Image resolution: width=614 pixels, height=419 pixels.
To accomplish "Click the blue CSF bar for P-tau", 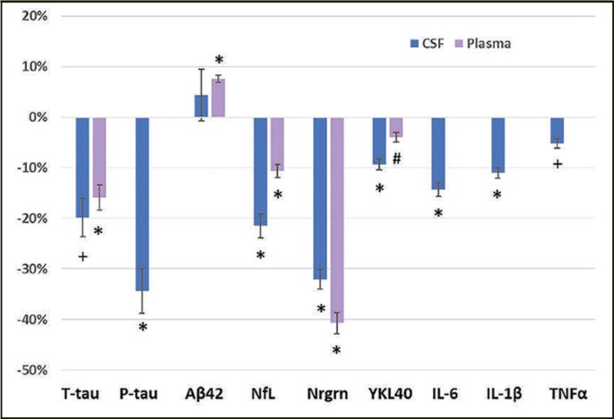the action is tap(143, 204).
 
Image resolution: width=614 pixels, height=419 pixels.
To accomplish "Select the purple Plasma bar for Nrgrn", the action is tap(337, 220).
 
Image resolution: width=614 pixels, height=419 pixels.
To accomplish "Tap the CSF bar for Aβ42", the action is tap(202, 106).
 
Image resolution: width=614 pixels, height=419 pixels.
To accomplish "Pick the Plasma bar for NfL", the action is tap(277, 144).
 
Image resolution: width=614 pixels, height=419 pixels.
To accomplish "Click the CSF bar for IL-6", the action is tap(438, 153).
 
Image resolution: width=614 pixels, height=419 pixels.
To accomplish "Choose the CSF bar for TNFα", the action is tap(558, 131).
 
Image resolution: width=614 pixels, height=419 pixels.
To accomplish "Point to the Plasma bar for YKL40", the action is tap(396, 127).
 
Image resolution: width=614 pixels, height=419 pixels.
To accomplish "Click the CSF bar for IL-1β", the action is tap(497, 145).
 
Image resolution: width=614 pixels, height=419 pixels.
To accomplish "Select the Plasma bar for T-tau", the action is tap(99, 158).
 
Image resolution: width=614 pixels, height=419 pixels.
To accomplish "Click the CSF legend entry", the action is tap(427, 43).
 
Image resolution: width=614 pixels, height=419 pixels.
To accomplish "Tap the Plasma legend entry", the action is tap(482, 43).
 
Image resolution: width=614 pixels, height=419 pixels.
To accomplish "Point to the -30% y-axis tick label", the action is tap(32, 269).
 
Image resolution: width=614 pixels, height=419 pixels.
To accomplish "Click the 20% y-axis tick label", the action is tap(34, 16).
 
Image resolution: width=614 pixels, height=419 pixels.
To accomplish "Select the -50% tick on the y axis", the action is tap(32, 370).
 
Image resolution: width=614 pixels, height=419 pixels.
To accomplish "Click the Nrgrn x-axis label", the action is tap(327, 394).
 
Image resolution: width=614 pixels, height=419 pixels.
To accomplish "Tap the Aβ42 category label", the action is tap(204, 394).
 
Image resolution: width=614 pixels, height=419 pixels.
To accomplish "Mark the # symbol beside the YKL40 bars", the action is tap(397, 158).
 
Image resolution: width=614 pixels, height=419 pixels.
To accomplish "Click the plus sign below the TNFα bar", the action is tap(558, 164).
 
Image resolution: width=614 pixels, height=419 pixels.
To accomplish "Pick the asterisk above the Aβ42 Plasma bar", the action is tap(219, 60).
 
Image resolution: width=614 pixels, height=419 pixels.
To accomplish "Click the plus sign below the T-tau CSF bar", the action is tap(82, 257).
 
